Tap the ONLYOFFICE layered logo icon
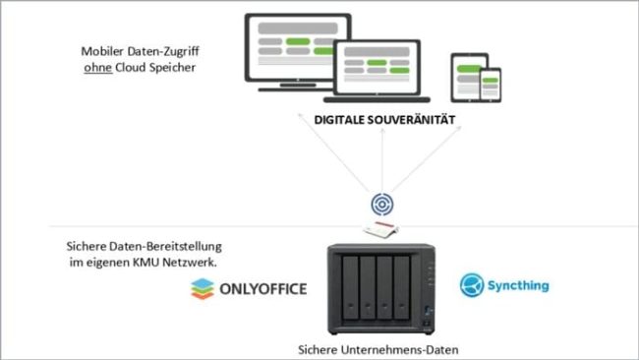tap(201, 288)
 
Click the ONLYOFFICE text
tap(263, 288)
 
